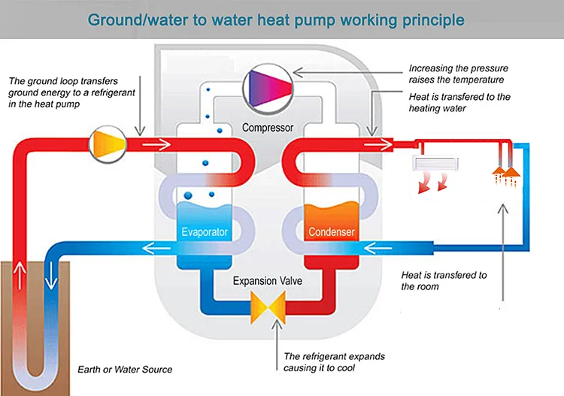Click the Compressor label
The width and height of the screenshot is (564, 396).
click(x=268, y=128)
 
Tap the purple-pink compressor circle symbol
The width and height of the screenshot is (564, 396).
click(x=268, y=89)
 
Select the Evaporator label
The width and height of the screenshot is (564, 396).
click(x=205, y=231)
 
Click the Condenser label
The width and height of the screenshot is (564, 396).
click(x=332, y=231)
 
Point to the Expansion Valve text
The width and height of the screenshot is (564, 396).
click(x=268, y=280)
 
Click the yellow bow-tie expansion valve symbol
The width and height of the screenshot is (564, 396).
click(x=268, y=307)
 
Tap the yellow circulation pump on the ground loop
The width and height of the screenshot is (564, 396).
click(x=108, y=144)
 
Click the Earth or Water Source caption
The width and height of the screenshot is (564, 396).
click(x=125, y=370)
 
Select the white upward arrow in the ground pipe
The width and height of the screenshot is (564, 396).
click(x=20, y=276)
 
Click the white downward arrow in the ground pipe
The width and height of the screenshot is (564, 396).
click(x=51, y=276)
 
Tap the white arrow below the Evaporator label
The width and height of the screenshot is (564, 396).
click(x=156, y=248)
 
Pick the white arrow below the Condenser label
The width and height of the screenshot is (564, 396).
click(x=378, y=248)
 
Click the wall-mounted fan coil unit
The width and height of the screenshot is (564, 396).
click(x=435, y=163)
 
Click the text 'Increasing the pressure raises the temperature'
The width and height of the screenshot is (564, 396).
click(x=459, y=74)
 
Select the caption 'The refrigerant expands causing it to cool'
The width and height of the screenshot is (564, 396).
click(x=334, y=362)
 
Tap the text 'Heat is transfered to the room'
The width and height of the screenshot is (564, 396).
click(x=444, y=280)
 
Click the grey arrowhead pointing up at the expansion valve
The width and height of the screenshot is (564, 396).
click(x=277, y=324)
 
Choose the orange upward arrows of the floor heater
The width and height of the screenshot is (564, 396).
click(x=506, y=176)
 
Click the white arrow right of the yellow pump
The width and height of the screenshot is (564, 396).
click(x=156, y=144)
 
